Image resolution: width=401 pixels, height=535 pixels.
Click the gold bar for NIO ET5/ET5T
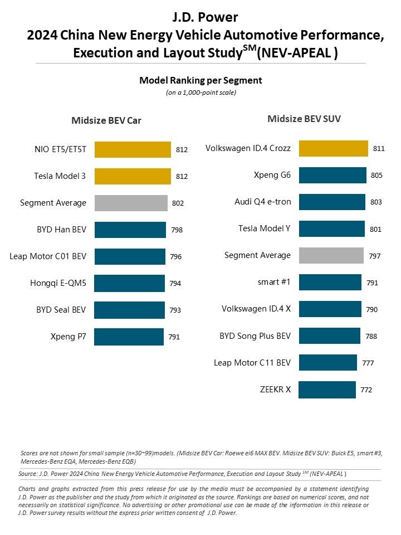coord(133,149)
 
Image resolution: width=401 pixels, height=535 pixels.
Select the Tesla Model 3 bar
coord(133,176)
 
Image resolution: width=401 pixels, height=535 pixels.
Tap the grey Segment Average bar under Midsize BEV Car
coord(131,203)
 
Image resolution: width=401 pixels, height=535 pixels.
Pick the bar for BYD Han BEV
coord(130,230)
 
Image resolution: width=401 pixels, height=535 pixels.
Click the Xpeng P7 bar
coord(129,337)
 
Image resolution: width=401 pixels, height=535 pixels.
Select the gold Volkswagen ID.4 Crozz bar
coord(333,148)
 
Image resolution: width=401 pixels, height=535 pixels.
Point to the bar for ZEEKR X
coord(327,390)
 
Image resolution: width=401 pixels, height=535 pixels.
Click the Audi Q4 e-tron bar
coord(332,202)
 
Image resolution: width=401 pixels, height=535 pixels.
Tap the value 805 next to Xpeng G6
coord(376,176)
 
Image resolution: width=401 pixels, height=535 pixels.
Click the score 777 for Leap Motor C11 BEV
coord(368,363)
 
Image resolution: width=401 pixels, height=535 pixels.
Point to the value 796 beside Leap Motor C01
coord(175,257)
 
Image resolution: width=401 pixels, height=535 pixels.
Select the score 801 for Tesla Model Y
coord(375,229)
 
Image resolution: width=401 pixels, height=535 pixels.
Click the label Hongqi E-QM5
coord(58,283)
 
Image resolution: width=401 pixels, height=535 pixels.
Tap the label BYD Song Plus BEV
coord(255,336)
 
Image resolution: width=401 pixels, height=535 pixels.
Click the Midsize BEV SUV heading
coord(304,119)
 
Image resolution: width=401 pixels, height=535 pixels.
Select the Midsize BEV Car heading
coord(106,121)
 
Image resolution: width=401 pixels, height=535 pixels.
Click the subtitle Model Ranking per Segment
coord(200,80)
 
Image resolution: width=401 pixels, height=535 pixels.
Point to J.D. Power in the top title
coord(201,17)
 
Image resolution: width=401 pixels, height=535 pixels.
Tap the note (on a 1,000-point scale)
coord(200,93)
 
